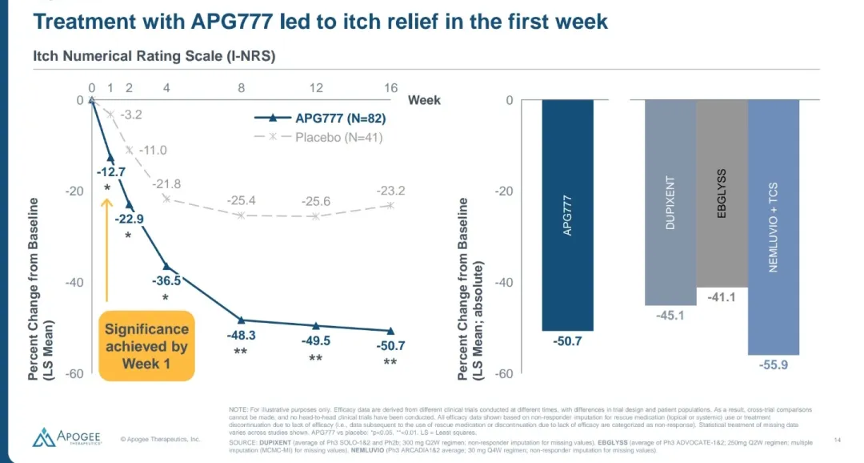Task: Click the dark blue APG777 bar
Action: [567, 215]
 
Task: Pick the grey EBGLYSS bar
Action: [722, 193]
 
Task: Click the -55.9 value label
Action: [773, 364]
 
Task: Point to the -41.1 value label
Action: [722, 297]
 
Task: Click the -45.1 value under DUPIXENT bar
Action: [670, 315]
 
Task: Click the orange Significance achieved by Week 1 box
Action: [146, 346]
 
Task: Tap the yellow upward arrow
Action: [106, 249]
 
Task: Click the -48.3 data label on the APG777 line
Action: [241, 335]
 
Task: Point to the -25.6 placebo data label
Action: [316, 201]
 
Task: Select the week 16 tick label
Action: [390, 87]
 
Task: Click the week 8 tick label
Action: [241, 87]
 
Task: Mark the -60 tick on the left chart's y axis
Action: [74, 374]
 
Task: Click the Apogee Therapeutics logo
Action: [66, 437]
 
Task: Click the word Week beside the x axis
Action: [424, 100]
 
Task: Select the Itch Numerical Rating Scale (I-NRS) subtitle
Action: [154, 56]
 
